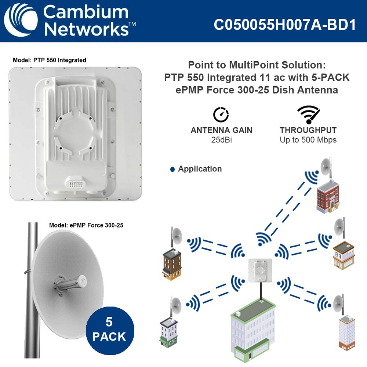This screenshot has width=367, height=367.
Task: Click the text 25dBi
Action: [221, 140]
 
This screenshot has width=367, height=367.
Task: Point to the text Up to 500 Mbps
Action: [308, 140]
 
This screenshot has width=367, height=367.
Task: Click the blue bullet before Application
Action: [172, 170]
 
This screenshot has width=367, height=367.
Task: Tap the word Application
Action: [200, 169]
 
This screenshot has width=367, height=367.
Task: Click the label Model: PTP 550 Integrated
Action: [50, 60]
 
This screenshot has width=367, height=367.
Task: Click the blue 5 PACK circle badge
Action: [110, 329]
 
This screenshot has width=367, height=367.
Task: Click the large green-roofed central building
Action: [253, 330]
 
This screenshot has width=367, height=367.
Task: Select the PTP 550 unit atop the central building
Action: [259, 270]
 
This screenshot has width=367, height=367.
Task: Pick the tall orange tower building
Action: [346, 332]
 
